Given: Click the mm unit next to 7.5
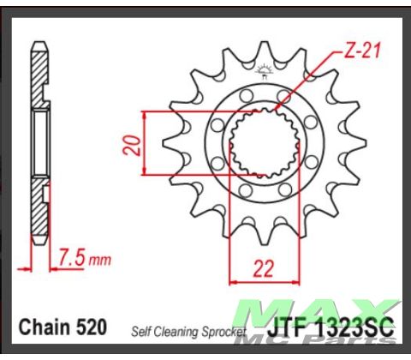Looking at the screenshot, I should (100, 256).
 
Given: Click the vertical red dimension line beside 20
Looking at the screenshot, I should (145, 144).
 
